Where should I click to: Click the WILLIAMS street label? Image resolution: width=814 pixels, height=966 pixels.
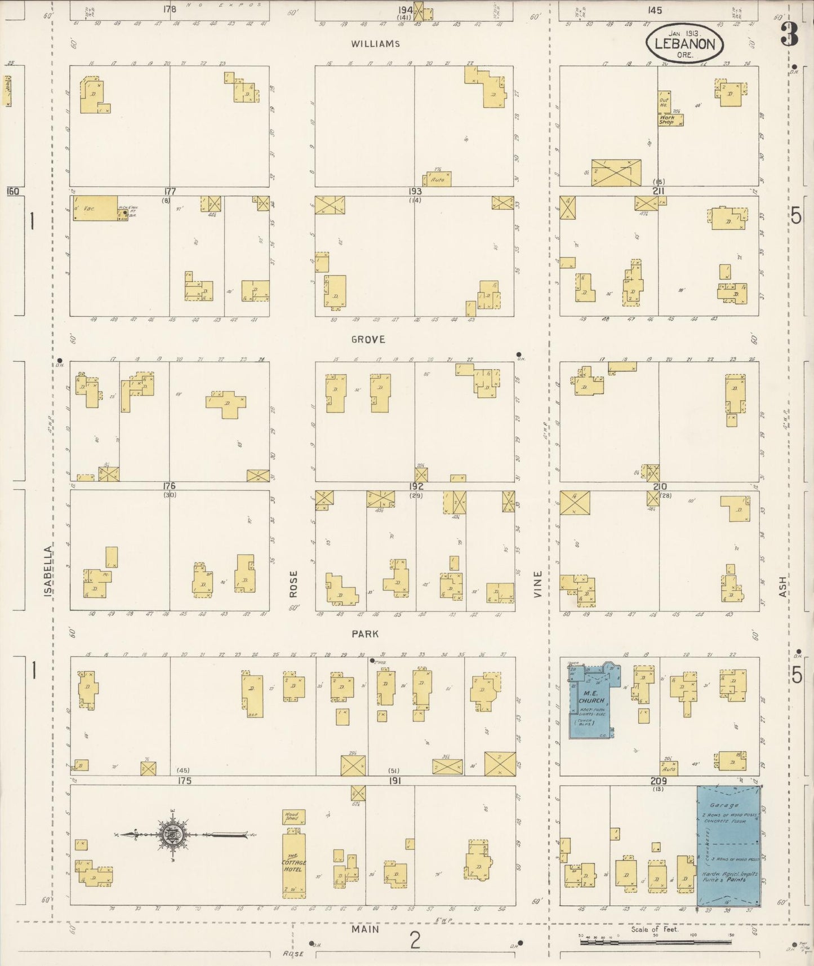click(x=375, y=44)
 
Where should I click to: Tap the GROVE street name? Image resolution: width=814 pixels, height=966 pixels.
click(x=368, y=339)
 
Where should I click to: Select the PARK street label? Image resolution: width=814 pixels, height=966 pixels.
click(x=365, y=634)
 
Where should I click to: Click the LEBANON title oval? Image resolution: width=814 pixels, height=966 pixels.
click(x=684, y=45)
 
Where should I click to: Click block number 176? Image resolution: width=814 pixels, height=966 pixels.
click(x=169, y=486)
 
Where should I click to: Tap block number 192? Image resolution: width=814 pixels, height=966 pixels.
click(x=416, y=486)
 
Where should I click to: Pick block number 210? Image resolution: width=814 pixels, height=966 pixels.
click(x=660, y=486)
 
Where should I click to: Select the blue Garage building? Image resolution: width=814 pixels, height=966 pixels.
click(x=728, y=845)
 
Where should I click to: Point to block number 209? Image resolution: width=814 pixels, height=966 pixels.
click(x=659, y=781)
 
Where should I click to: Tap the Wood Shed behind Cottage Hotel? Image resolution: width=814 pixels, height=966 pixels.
click(x=292, y=817)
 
